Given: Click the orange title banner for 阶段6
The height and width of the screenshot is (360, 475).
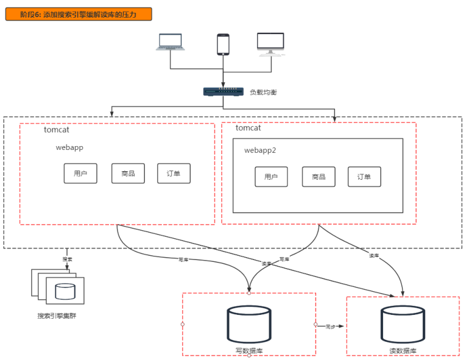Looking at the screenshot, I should point(79,14).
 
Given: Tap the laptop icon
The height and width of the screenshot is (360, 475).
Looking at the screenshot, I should point(170,42).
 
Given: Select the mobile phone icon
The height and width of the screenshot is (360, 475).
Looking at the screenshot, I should point(223,44).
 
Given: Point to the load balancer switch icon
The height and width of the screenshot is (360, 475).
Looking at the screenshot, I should point(223,92).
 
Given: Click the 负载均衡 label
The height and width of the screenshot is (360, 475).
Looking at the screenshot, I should point(263,92).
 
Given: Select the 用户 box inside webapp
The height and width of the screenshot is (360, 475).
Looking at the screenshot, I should point(80,174).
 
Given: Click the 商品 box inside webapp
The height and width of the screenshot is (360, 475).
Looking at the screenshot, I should point(128,174).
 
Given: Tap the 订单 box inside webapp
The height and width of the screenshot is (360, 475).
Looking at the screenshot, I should point(174,174).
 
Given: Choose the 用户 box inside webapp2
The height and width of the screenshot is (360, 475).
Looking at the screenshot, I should point(271,177).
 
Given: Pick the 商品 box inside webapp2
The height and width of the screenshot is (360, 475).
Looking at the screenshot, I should point(318,177).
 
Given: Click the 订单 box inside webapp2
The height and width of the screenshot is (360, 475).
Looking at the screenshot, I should point(364,177).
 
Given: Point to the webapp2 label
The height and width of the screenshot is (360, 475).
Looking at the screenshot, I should point(260,150).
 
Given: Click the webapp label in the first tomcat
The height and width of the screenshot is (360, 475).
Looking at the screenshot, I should point(69,147).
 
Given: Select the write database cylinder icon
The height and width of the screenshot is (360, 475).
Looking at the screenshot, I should point(249,323).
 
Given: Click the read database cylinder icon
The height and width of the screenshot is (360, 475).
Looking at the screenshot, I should point(403,323).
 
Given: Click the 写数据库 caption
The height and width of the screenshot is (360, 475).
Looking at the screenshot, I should point(249,351).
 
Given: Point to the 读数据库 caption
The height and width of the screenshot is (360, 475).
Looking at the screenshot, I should point(403,351).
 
